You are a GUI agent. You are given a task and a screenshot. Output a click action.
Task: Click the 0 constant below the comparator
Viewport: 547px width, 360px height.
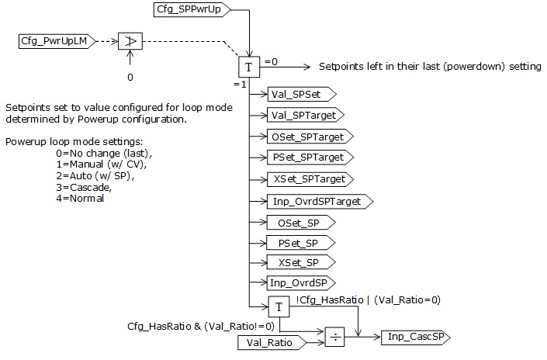pyautogui.click(x=130, y=77)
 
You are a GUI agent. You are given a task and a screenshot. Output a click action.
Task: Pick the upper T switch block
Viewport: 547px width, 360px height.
pyautogui.click(x=249, y=66)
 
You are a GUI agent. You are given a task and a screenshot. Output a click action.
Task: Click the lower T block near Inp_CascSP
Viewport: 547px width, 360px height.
pyautogui.click(x=278, y=307)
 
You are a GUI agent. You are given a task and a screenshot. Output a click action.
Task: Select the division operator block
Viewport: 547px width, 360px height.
pyautogui.click(x=335, y=337)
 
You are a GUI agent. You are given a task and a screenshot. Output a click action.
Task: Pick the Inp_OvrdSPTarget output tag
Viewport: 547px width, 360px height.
pyautogui.click(x=319, y=201)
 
